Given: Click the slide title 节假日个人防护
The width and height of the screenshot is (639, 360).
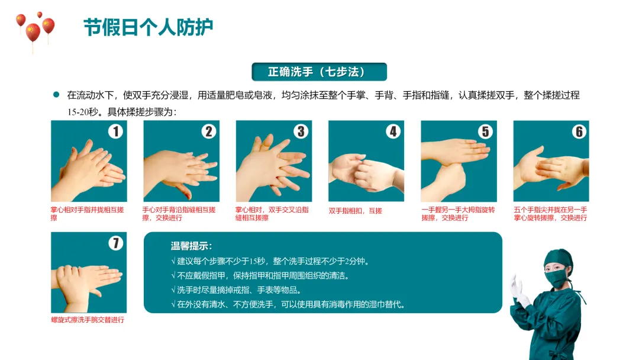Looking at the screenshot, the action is [x=149, y=27].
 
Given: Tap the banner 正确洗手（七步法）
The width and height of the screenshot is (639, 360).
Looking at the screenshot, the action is [x=319, y=72].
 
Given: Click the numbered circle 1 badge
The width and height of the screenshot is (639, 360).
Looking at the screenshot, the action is [x=116, y=131].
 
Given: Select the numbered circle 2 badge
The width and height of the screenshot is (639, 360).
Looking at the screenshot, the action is [x=209, y=131].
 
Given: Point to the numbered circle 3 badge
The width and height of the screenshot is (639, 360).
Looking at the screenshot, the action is [x=301, y=131].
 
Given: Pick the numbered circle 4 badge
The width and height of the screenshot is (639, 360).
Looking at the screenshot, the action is [x=393, y=131].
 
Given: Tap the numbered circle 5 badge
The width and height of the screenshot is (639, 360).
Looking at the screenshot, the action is [x=485, y=131].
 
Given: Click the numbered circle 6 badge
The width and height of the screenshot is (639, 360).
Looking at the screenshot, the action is [x=579, y=131].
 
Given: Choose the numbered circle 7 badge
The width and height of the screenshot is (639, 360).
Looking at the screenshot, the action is [x=116, y=243].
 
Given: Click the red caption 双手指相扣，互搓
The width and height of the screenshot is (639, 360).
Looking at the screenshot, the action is [x=356, y=211].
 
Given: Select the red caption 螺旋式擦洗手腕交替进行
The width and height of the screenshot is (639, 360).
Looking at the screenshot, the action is [x=88, y=320].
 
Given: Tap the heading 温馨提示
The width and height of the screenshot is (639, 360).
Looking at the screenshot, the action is [x=191, y=246].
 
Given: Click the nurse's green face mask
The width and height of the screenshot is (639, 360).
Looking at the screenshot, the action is [x=555, y=278].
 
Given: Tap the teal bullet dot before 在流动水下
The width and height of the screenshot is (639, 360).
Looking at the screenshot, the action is [x=56, y=95].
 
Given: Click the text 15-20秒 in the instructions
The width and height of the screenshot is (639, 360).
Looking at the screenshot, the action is [x=83, y=112].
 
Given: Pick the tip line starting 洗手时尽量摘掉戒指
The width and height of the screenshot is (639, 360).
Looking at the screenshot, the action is [x=236, y=290].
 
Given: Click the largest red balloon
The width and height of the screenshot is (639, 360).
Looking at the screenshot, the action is [x=33, y=32].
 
